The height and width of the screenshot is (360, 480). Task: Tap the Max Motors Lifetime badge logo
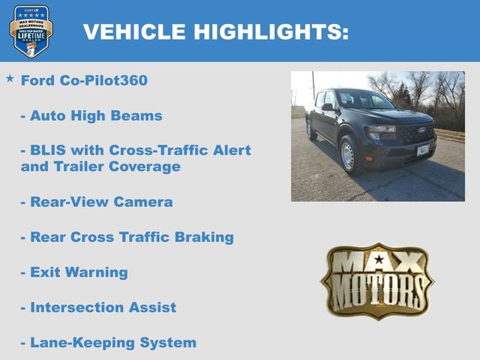click(31, 31)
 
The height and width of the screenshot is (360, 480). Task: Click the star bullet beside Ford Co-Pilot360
click(10, 78)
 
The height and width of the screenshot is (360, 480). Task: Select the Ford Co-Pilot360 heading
click(84, 80)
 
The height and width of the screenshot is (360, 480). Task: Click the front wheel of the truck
click(349, 154)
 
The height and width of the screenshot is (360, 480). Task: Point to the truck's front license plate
click(423, 149)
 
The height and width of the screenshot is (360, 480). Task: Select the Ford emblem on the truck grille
click(421, 130)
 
